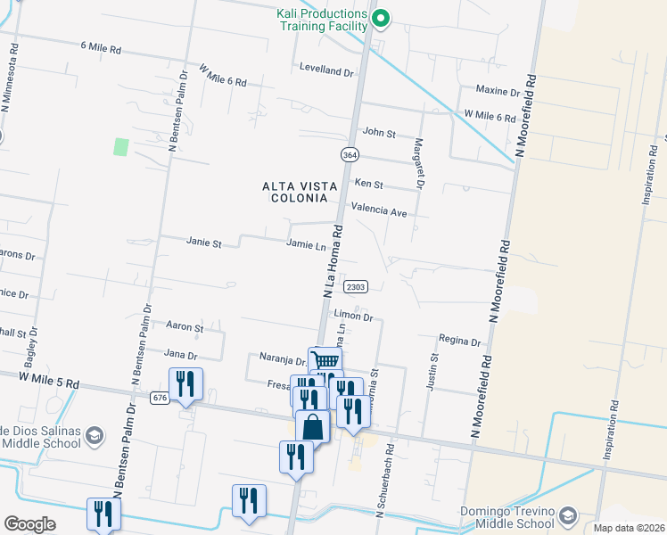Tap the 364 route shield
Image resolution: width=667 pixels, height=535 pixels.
click(x=350, y=154)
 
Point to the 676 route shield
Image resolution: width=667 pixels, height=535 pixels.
click(x=161, y=398)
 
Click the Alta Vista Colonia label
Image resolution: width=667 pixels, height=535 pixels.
click(x=300, y=192)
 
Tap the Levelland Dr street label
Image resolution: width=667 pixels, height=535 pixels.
click(x=326, y=68)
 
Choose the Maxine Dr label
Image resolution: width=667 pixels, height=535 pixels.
click(x=498, y=91)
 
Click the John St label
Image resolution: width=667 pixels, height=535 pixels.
click(x=379, y=133)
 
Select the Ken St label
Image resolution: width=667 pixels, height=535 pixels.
click(x=368, y=185)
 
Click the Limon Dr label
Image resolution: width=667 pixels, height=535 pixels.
click(x=352, y=316)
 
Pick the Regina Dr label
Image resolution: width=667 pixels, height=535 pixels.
click(x=459, y=341)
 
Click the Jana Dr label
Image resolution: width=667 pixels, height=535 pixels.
click(x=179, y=354)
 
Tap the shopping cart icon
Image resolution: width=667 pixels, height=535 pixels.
click(x=325, y=360)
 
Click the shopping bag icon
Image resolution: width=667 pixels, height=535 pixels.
click(x=313, y=426)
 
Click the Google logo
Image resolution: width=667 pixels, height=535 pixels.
click(x=29, y=524)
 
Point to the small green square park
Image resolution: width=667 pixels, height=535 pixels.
click(x=121, y=146)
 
